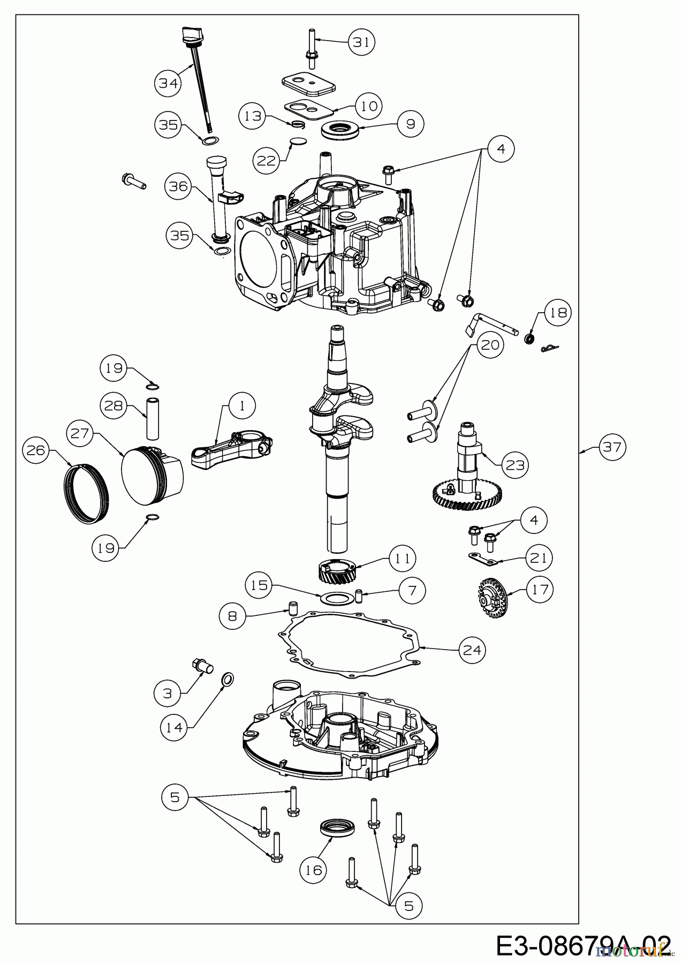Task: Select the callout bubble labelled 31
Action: pyautogui.click(x=362, y=42)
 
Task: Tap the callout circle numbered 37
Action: pyautogui.click(x=611, y=446)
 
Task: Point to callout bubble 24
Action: pyautogui.click(x=472, y=650)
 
